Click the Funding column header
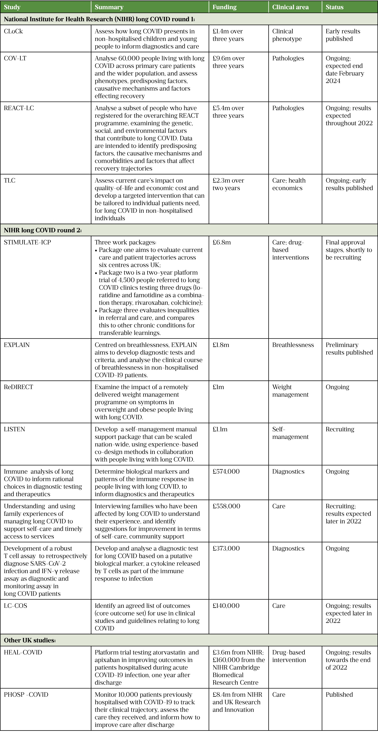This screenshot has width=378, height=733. [224, 7]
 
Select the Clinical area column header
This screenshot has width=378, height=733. [290, 7]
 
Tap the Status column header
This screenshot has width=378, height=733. [335, 7]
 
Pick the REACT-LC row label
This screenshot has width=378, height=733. [19, 108]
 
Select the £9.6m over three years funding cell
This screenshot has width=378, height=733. [228, 62]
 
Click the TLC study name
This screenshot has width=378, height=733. [10, 180]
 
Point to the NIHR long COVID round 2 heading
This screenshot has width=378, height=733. [43, 230]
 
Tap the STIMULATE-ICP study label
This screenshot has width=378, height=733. [27, 242]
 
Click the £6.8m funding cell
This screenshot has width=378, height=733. [222, 242]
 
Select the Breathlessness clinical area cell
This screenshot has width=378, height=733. [293, 345]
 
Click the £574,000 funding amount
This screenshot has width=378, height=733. [226, 472]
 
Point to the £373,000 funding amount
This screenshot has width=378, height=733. [226, 548]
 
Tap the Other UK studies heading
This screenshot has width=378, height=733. [30, 640]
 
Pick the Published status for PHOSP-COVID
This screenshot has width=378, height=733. [339, 695]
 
